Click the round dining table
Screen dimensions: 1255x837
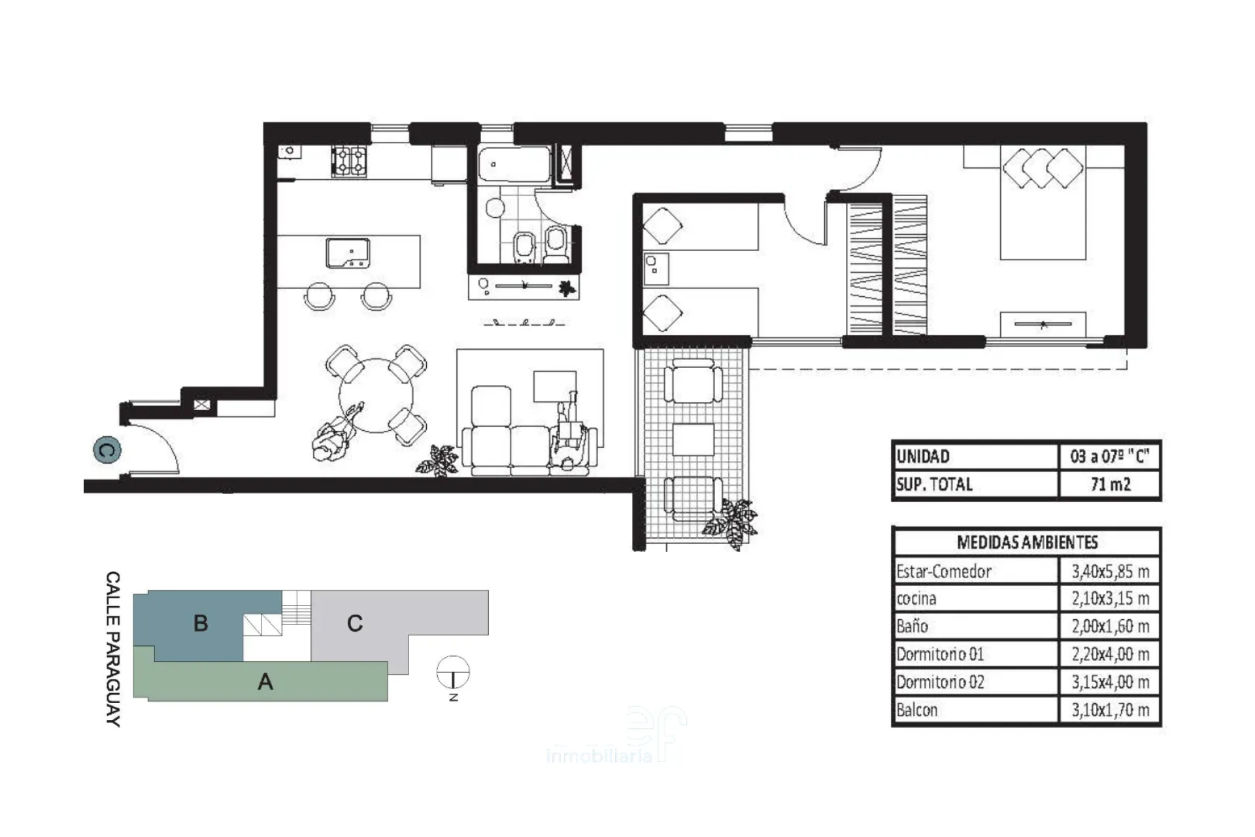pyautogui.click(x=376, y=395)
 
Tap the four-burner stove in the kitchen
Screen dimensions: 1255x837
pyautogui.click(x=350, y=162)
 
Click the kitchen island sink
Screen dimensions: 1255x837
pyautogui.click(x=348, y=253)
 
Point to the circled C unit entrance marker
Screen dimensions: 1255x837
pyautogui.click(x=107, y=450)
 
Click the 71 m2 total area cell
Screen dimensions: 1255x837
pyautogui.click(x=1110, y=485)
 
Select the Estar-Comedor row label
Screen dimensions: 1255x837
pyautogui.click(x=943, y=572)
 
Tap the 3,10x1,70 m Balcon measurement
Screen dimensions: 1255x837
pyautogui.click(x=1110, y=710)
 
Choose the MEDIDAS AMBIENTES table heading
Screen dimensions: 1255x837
pyautogui.click(x=1027, y=542)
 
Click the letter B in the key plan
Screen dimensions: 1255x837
pyautogui.click(x=201, y=623)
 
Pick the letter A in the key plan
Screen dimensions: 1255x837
pyautogui.click(x=265, y=682)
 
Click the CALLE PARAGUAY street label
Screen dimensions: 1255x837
pyautogui.click(x=113, y=649)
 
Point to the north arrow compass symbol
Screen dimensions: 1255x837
pyautogui.click(x=453, y=673)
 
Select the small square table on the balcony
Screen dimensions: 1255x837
pyautogui.click(x=694, y=439)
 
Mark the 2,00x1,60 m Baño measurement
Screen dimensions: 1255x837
pyautogui.click(x=1110, y=626)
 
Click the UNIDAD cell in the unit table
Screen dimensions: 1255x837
pyautogui.click(x=923, y=456)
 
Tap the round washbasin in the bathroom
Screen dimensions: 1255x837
pyautogui.click(x=495, y=209)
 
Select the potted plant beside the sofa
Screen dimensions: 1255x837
pyautogui.click(x=437, y=460)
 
